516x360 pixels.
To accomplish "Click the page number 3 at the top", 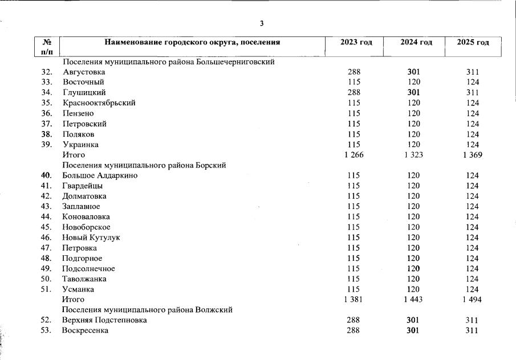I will pyautogui.click(x=262, y=23).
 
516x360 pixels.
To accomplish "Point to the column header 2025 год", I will pyautogui.click(x=473, y=43).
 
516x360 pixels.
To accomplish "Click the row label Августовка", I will pyautogui.click(x=84, y=72).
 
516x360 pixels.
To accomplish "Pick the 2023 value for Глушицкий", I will pyautogui.click(x=354, y=93).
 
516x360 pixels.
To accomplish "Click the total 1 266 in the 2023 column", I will pyautogui.click(x=354, y=155).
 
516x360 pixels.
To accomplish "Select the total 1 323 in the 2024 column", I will pyautogui.click(x=413, y=155).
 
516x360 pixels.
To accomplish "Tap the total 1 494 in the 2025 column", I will pyautogui.click(x=472, y=300).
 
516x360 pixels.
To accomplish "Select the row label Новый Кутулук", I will pyautogui.click(x=91, y=238).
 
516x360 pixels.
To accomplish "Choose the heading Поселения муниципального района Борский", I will pyautogui.click(x=145, y=165).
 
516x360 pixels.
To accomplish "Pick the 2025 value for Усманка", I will pyautogui.click(x=472, y=289).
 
